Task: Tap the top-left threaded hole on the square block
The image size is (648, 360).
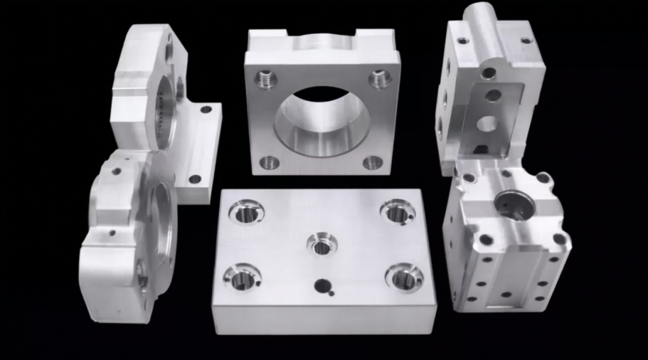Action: pos(266,78)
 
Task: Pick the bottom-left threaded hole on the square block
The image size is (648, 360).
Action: pos(268,162)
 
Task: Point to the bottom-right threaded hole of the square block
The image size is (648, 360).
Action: pos(372,163)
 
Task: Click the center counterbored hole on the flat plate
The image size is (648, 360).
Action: pos(322,244)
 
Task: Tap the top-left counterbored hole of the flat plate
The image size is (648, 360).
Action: pos(246,211)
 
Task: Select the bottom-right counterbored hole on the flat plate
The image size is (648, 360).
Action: pos(404,277)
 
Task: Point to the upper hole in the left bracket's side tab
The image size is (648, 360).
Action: pos(206,110)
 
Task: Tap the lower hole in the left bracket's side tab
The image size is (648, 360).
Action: pos(194,179)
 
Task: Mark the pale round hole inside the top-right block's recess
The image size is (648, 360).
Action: pos(487,124)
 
